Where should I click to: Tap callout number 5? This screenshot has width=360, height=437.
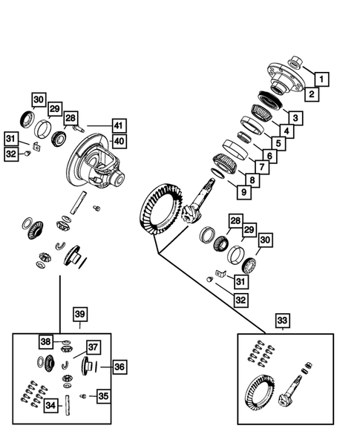pyautogui.click(x=295, y=118)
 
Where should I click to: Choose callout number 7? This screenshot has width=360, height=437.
pyautogui.click(x=277, y=143)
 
